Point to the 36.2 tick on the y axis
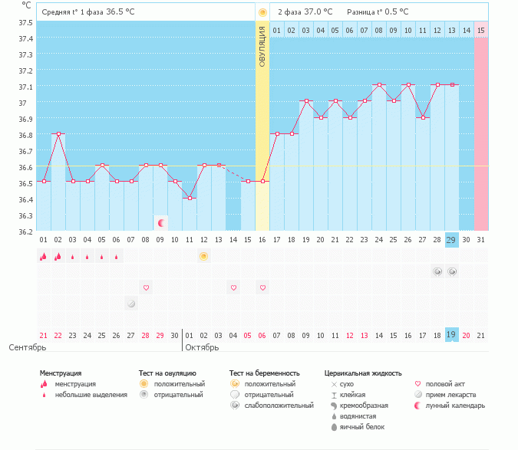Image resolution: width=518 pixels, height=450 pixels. tap(25, 231)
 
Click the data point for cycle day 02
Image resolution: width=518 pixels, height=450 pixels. tap(58, 133)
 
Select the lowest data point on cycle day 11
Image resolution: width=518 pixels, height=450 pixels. tap(190, 198)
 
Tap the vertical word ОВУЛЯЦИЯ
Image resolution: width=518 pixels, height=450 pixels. tap(262, 46)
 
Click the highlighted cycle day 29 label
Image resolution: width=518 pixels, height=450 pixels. tap(452, 240)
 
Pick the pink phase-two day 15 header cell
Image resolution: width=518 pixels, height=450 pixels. tap(480, 30)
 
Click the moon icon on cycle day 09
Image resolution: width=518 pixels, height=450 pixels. tap(160, 223)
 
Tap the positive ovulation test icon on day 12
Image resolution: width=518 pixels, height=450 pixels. tap(204, 256)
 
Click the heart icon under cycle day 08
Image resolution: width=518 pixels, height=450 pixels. tap(146, 287)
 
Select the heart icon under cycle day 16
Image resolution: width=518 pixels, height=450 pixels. tap(262, 287)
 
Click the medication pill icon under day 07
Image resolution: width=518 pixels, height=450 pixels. tap(131, 304)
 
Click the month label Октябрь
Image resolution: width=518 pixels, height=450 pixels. tap(204, 347)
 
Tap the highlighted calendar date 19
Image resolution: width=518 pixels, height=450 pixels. tap(452, 334)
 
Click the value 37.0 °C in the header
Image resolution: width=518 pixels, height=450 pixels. tap(318, 12)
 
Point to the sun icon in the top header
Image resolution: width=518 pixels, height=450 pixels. tap(262, 12)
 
